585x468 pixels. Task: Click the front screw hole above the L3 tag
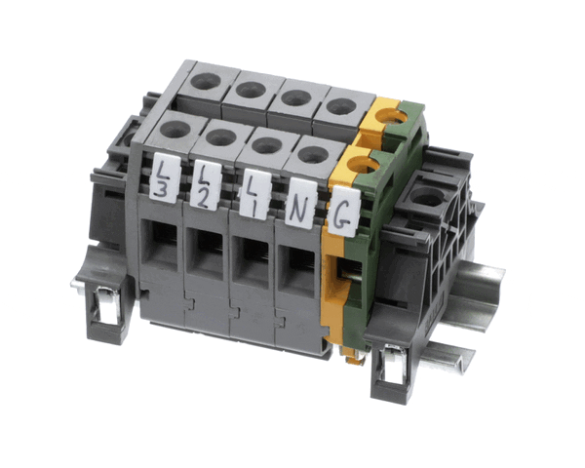tap(175, 128)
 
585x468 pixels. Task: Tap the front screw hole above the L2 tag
tap(220, 136)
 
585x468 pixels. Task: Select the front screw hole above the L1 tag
tap(267, 145)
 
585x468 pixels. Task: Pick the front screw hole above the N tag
tap(313, 154)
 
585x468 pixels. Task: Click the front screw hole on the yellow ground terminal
tap(362, 165)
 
